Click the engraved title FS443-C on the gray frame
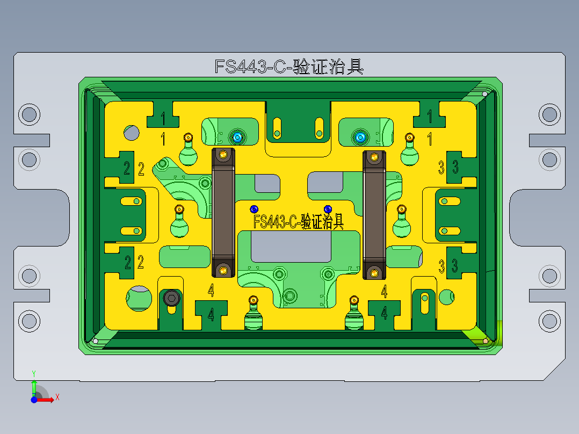[288, 67]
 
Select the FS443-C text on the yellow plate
[298, 221]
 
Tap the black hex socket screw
[171, 298]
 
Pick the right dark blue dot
[328, 208]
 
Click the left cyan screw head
[237, 138]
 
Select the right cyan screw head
[360, 138]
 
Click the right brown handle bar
[374, 215]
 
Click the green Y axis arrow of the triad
[34, 386]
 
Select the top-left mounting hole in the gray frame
[29, 114]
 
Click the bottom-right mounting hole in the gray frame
[549, 321]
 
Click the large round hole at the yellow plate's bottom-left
[138, 298]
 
